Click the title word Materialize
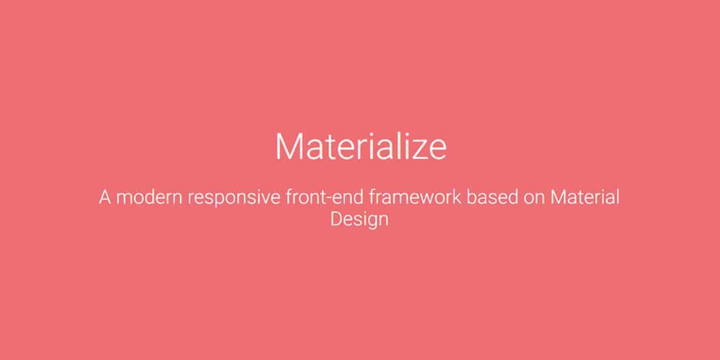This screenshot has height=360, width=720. (x=360, y=146)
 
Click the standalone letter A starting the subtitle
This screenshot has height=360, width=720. (x=105, y=197)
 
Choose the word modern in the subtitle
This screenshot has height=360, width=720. (x=149, y=197)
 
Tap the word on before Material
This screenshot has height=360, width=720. (x=534, y=199)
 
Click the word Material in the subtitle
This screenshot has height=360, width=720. (x=585, y=197)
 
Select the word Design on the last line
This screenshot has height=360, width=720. (x=359, y=219)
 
